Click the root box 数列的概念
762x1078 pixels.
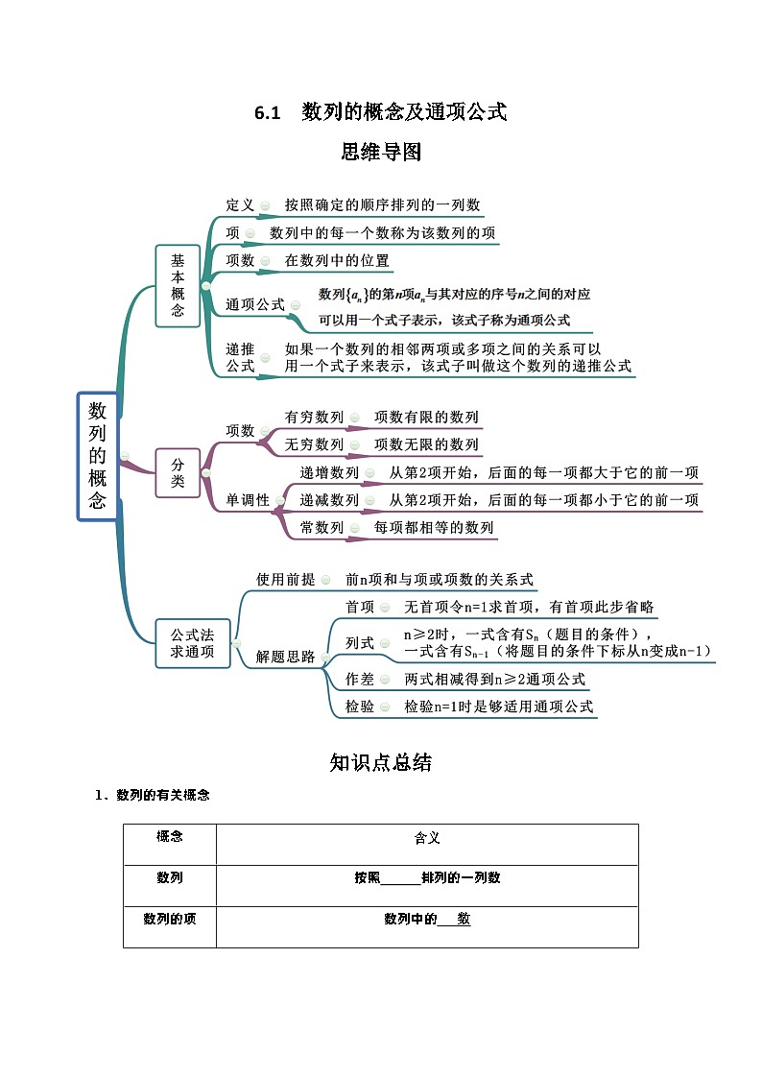[97, 456]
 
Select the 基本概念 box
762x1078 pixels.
[178, 285]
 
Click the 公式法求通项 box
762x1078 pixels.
[192, 643]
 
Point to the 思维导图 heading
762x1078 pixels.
[381, 152]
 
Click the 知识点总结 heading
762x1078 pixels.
[380, 762]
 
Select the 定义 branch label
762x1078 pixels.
[240, 205]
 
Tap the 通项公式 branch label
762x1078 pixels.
[254, 304]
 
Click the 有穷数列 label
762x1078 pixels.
[314, 418]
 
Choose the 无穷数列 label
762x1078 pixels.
[314, 444]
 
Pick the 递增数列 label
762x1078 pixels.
[329, 473]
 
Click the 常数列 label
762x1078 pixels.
[321, 528]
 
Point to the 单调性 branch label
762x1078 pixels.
[248, 500]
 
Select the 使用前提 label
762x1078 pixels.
[285, 580]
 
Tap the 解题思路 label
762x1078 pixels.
[285, 658]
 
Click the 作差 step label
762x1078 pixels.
[360, 679]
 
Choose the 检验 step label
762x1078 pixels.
[360, 707]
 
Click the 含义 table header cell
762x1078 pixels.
[426, 838]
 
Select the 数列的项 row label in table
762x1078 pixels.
[170, 919]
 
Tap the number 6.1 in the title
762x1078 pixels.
[266, 112]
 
